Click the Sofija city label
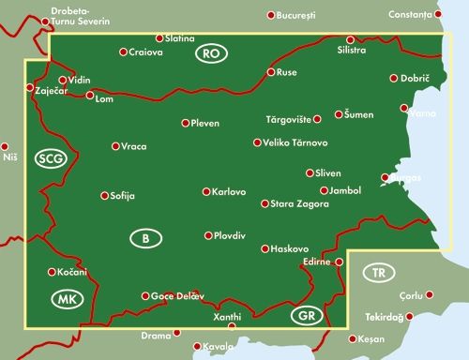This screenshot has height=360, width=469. pos(123,196)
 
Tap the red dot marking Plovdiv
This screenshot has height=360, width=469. pos(208,236)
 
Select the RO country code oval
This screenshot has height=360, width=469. pos(212,55)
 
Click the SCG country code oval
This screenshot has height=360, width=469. pos(50,159)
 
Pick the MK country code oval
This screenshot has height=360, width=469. pos(64,300)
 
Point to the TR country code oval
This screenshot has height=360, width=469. pos(378,273)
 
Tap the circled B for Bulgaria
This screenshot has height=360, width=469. pos(144,239)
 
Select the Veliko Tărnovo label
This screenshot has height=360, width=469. pos(296,142)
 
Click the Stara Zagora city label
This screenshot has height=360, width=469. pos(297,203)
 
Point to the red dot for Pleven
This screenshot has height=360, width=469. pos(185,123)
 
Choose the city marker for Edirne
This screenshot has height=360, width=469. pos(340,262)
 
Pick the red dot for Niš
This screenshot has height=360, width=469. pos(5,146)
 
